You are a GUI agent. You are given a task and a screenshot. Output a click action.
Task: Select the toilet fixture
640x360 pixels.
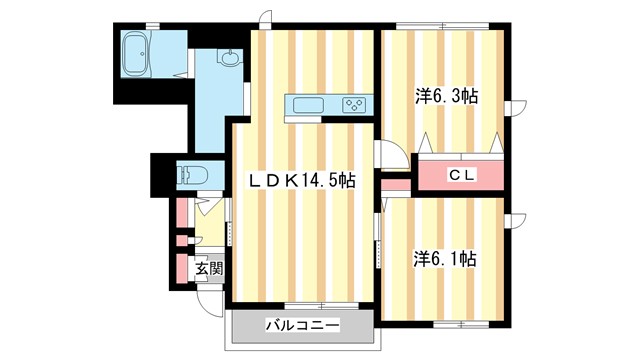(x=190, y=175)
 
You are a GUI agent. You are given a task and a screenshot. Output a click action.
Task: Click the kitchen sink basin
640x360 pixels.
(x=307, y=104)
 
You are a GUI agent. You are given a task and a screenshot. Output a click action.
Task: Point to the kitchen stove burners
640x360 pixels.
(x=353, y=104)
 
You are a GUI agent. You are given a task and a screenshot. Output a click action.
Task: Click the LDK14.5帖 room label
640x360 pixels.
(x=302, y=180)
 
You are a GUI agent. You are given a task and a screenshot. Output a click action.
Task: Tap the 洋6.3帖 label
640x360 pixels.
(x=445, y=97)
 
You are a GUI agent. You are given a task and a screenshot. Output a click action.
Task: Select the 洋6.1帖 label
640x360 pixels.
(x=445, y=258)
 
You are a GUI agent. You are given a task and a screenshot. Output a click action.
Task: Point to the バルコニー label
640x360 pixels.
(x=302, y=325)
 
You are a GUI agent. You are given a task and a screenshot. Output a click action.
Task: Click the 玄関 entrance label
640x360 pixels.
(x=208, y=268)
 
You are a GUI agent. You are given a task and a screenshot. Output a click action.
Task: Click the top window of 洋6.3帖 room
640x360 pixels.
(x=440, y=24)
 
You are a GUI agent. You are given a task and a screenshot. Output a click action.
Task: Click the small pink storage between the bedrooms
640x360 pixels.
(x=396, y=185)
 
